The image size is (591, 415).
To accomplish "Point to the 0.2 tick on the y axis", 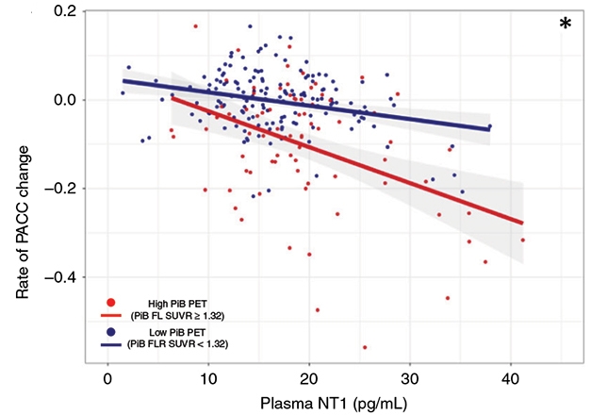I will click(x=64, y=10).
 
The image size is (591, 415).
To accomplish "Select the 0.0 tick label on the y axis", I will click(x=64, y=99).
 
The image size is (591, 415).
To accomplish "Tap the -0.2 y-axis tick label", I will click(x=62, y=189).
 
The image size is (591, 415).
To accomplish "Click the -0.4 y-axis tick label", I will click(x=62, y=277).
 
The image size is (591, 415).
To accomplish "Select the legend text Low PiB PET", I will click(x=184, y=333).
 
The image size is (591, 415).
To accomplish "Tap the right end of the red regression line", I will click(x=522, y=224).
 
